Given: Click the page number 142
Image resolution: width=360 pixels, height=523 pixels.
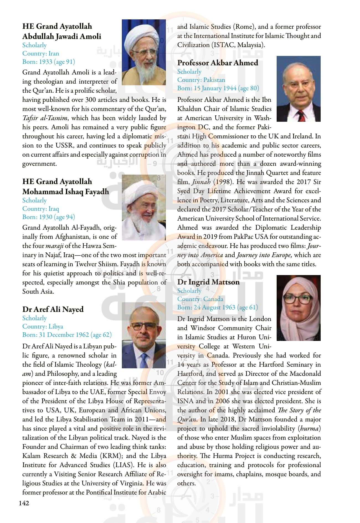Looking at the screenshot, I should pos(24,503).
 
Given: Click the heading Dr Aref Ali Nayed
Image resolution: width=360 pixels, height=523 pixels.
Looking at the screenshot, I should pos(53,309).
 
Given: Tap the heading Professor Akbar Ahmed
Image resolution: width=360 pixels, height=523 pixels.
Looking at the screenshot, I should pos(218,63).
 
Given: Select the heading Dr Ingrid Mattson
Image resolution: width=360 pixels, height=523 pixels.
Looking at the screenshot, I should pos(208,282).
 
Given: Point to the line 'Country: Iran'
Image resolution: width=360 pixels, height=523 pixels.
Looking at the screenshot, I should pos(41,53).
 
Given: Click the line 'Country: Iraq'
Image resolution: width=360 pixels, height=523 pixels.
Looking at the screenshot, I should pos(41,209).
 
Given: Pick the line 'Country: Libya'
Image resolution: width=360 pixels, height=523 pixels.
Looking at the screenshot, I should pos(43,327).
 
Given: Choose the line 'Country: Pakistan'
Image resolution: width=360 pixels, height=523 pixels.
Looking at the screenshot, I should pos(201,80).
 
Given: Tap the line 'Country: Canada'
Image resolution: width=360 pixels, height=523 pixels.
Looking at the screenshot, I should pos(200,299).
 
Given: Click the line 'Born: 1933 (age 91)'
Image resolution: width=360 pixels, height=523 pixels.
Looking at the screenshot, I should pos(49,62).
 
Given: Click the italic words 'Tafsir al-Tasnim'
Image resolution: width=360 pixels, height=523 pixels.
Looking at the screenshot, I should pos(45,118).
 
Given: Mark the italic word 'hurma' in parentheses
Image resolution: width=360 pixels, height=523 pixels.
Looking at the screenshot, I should pos(310,429).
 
